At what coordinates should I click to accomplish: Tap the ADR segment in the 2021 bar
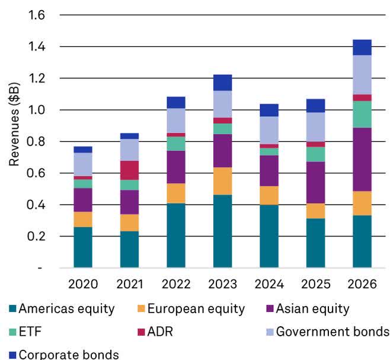tap(129, 170)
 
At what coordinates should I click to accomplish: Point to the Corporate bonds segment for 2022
tap(176, 102)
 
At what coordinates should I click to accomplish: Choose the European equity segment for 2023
tap(222, 181)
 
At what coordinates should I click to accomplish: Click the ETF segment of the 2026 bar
tap(362, 114)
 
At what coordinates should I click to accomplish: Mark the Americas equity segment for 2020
tap(83, 247)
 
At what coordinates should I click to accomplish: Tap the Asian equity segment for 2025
tap(315, 183)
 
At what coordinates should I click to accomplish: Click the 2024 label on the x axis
tap(268, 284)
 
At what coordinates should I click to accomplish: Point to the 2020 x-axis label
tap(83, 284)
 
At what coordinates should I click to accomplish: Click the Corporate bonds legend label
tap(68, 355)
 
